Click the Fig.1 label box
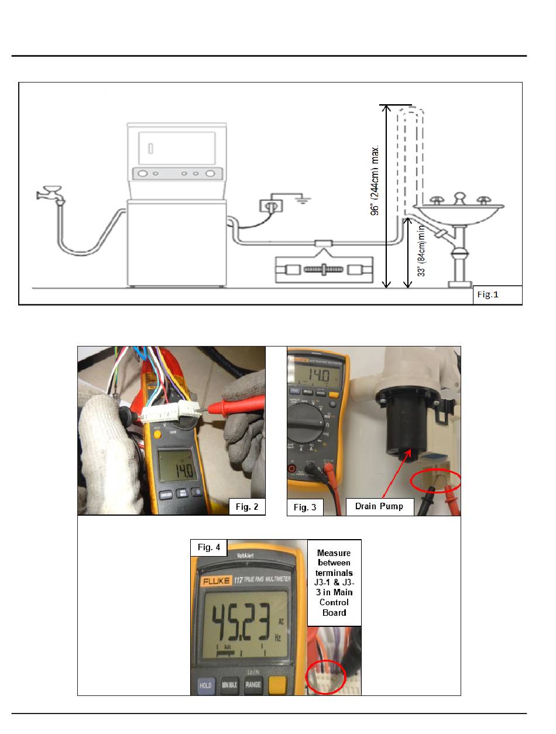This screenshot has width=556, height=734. [497, 295]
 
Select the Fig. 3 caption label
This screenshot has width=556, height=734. [305, 507]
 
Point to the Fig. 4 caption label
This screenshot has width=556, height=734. [209, 547]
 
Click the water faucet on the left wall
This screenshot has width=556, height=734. [50, 194]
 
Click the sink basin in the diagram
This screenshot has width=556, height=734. [459, 213]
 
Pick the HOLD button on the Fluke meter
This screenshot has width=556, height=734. [205, 685]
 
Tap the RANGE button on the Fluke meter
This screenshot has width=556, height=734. [253, 685]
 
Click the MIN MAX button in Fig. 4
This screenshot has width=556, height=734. [229, 685]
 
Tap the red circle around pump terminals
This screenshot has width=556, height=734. [437, 481]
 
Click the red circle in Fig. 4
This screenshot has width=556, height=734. [325, 676]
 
